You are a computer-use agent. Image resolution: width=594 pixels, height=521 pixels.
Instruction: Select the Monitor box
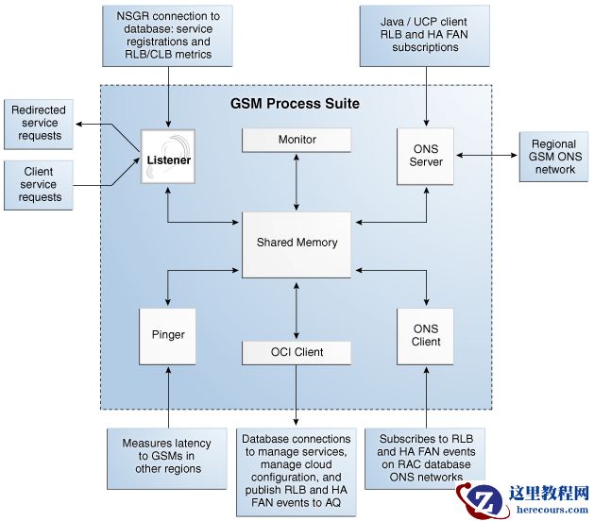click(297, 140)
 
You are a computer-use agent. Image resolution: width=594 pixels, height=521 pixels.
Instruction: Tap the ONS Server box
click(426, 156)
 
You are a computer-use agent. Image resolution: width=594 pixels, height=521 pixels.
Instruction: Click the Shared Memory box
click(297, 243)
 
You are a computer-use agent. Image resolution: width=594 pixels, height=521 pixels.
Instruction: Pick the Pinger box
click(168, 335)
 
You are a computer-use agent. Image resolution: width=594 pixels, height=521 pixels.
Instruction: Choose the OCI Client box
click(297, 352)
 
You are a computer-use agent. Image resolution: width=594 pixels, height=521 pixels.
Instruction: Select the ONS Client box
click(426, 335)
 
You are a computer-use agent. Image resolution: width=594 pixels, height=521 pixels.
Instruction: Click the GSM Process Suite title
click(296, 102)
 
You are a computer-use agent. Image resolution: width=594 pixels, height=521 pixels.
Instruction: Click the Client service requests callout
click(38, 184)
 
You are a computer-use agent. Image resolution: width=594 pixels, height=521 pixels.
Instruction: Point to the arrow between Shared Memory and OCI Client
click(297, 310)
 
